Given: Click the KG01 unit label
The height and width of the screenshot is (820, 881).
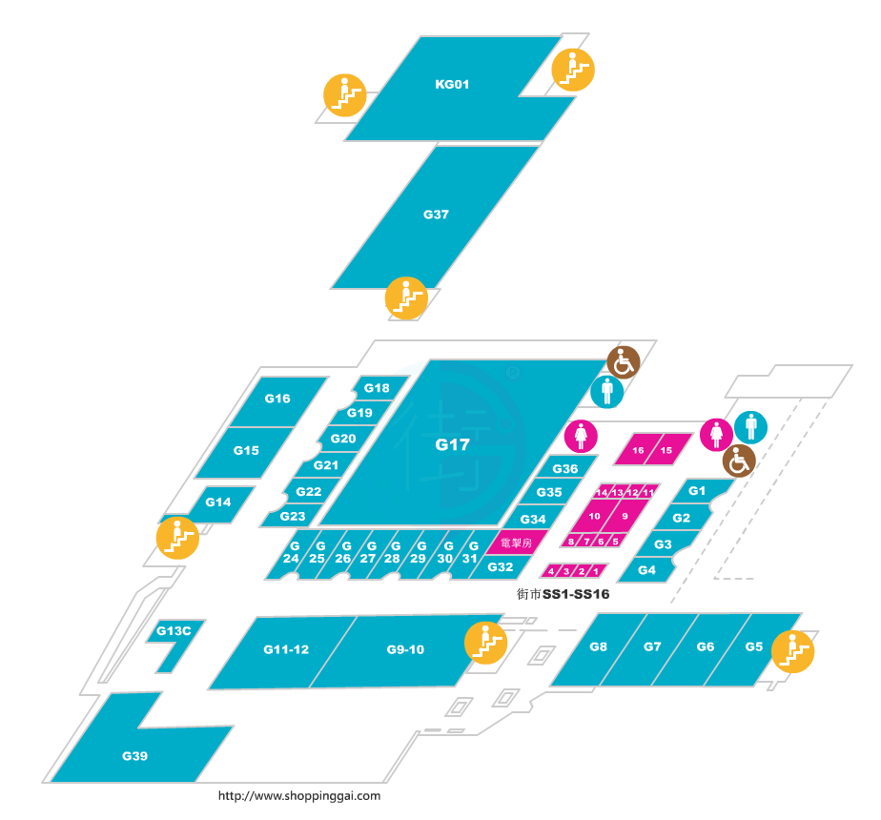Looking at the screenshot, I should (452, 84).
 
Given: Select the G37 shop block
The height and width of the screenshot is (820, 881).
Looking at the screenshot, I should (436, 215).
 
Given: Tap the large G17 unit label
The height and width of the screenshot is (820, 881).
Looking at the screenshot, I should (453, 444).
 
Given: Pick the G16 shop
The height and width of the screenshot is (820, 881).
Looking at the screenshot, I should (277, 399).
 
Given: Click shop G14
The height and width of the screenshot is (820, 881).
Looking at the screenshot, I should (218, 502).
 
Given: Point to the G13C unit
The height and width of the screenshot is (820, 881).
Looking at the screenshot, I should (174, 631).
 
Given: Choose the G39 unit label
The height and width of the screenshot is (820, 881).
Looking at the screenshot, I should (134, 756).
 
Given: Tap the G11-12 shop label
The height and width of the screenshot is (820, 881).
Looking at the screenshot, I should (286, 650).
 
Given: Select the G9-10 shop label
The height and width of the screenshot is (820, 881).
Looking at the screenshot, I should (405, 650).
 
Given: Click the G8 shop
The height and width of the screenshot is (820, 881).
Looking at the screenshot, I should (599, 647).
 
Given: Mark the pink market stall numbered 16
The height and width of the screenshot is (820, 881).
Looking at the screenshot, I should (638, 450).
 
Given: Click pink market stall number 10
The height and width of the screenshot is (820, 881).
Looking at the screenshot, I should (595, 516).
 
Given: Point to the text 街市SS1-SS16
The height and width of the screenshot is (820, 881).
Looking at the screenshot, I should (563, 594).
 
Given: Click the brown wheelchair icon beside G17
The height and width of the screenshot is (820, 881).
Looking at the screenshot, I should (624, 362).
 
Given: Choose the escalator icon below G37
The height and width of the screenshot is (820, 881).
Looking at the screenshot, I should (405, 297).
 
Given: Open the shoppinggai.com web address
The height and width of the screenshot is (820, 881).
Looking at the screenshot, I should (299, 796).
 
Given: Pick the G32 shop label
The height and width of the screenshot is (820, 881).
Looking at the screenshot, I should (501, 567).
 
